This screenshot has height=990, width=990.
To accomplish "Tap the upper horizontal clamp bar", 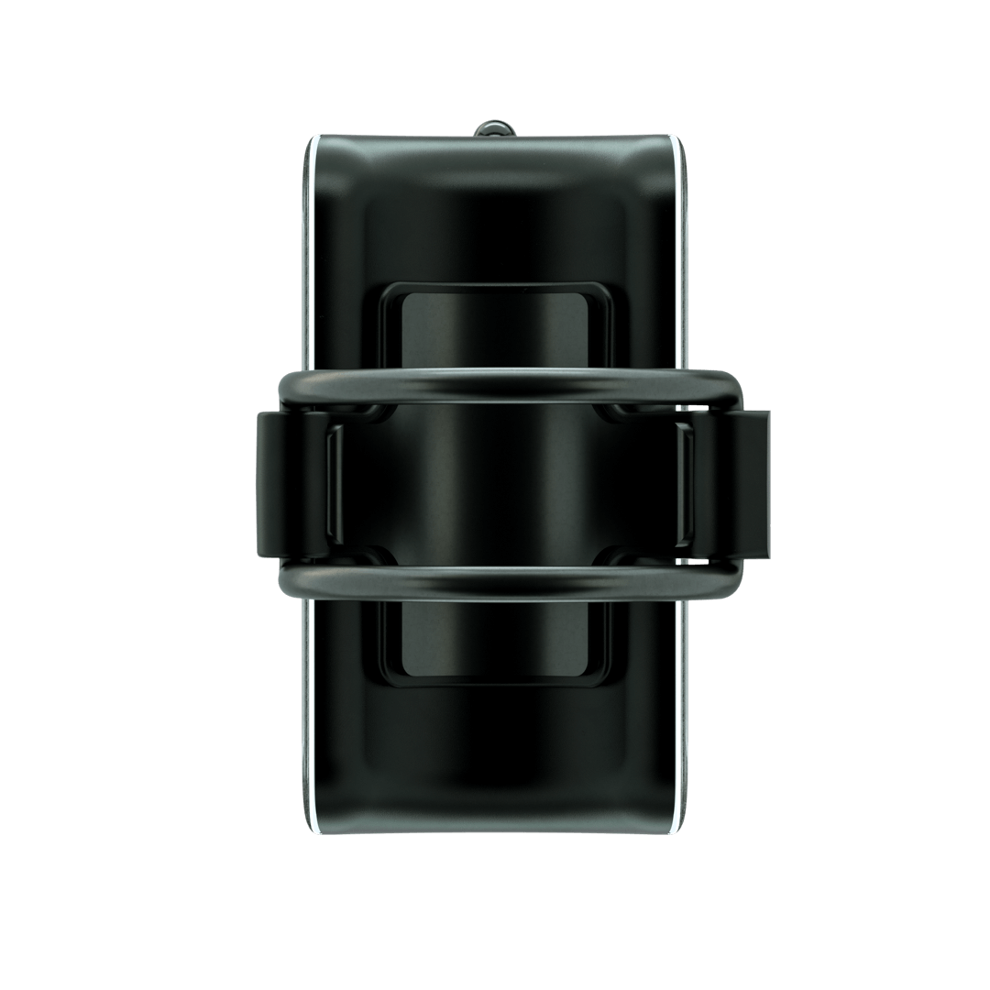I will point(495,384).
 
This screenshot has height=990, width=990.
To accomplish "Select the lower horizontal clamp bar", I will point(495,583).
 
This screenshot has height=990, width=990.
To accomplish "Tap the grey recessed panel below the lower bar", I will point(495,642).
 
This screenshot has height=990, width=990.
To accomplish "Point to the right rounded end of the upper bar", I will point(728,389).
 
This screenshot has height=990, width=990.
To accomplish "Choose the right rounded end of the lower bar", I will point(728,579).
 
